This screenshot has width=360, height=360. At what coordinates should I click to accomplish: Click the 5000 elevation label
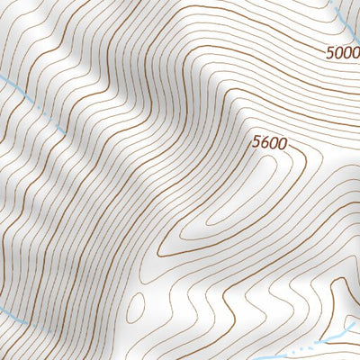[342, 53]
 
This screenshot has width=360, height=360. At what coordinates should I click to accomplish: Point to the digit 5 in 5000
[330, 53]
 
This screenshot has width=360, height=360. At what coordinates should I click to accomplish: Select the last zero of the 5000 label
[355, 53]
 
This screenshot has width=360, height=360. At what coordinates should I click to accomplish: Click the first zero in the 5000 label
[338, 53]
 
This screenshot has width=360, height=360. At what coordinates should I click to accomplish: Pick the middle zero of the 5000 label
[346, 53]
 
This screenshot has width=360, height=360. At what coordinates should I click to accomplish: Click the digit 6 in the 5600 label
[265, 141]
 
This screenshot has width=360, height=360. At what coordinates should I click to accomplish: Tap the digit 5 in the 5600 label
[257, 141]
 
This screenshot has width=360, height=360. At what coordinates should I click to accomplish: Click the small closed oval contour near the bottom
[135, 306]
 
